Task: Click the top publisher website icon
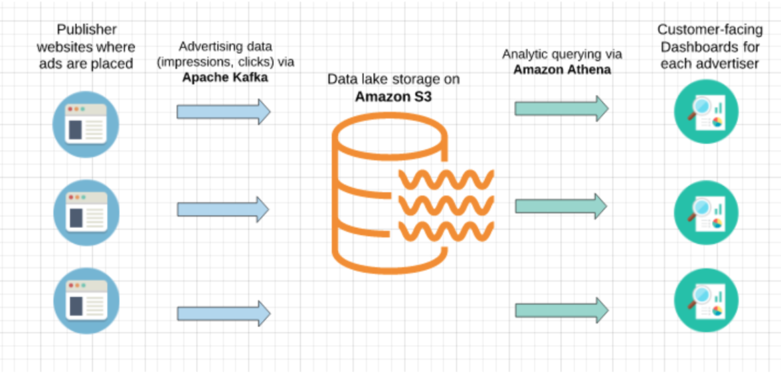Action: [86, 124]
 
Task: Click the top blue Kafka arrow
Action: [223, 112]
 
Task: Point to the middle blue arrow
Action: [223, 209]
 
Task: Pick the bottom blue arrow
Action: [223, 313]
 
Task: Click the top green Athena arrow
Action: [561, 108]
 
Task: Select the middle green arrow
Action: [561, 207]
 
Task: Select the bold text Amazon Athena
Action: [562, 68]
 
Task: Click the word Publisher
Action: [86, 30]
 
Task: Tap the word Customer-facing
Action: [709, 30]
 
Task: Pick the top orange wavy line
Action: [446, 179]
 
